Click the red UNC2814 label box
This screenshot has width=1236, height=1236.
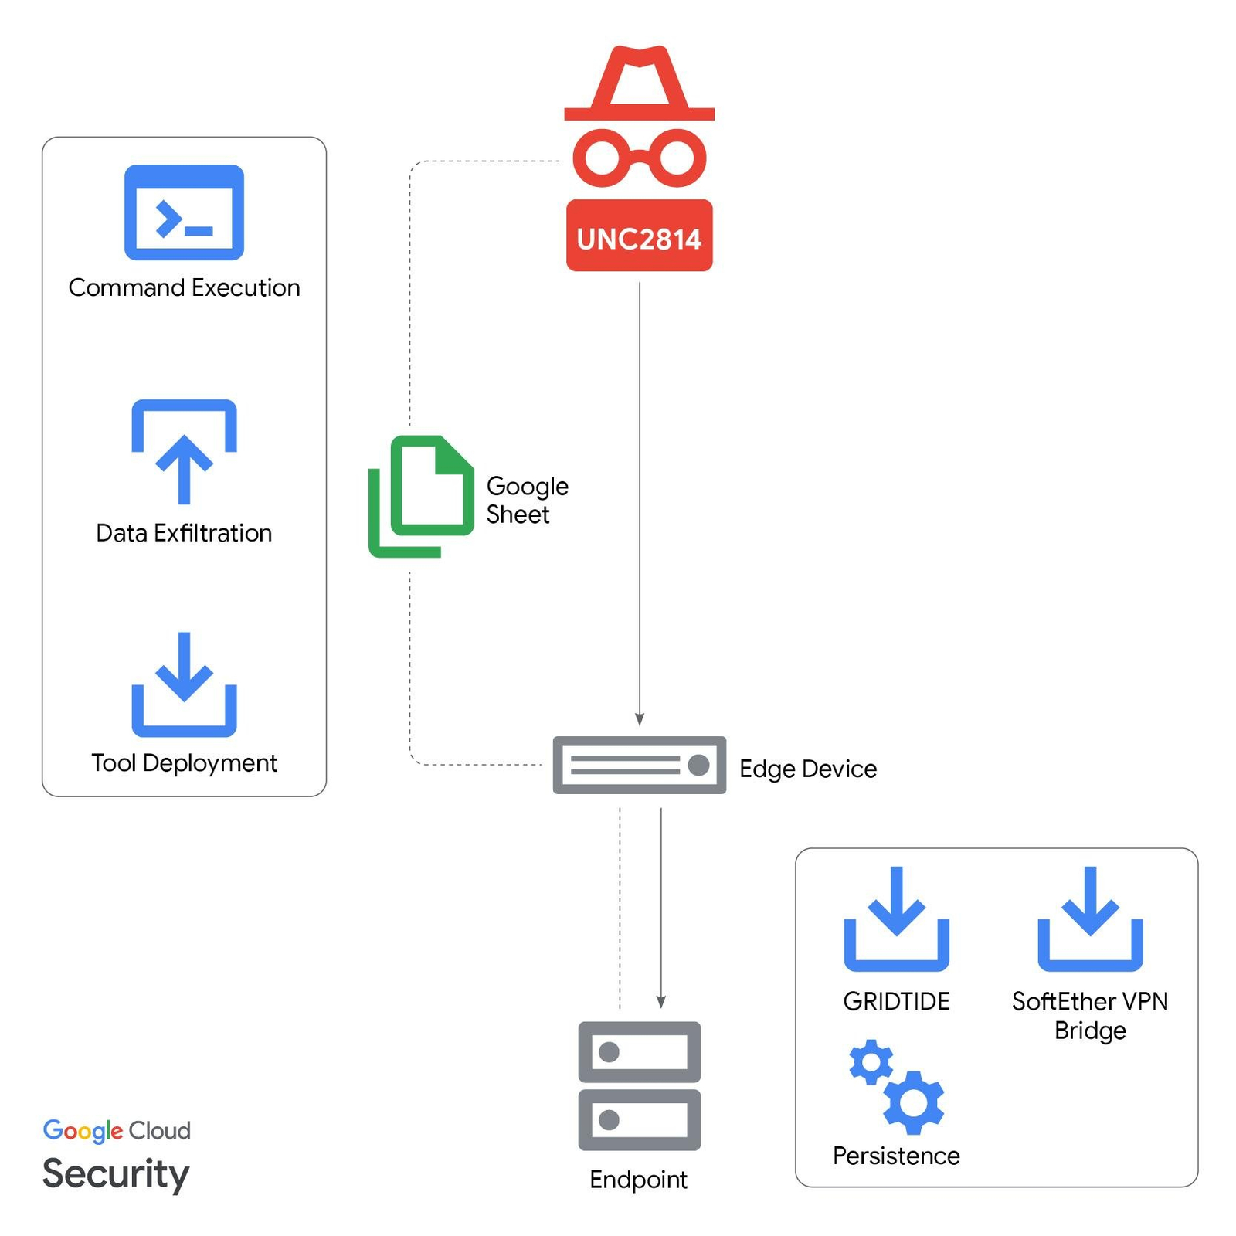(639, 236)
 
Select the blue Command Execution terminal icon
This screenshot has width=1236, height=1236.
(184, 212)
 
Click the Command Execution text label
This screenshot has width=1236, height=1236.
(184, 287)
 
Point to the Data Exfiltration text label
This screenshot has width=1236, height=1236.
(184, 533)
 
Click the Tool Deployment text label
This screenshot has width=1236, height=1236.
(184, 763)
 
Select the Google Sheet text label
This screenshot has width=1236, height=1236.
(527, 501)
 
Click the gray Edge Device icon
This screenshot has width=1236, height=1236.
(639, 765)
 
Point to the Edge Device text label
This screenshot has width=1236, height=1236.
(808, 769)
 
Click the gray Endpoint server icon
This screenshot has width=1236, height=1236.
(639, 1085)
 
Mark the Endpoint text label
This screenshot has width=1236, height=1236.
(638, 1180)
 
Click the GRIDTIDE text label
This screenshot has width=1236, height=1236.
(896, 1001)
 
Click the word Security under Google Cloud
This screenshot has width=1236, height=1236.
(116, 1173)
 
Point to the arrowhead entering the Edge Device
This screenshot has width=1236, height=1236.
(640, 719)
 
